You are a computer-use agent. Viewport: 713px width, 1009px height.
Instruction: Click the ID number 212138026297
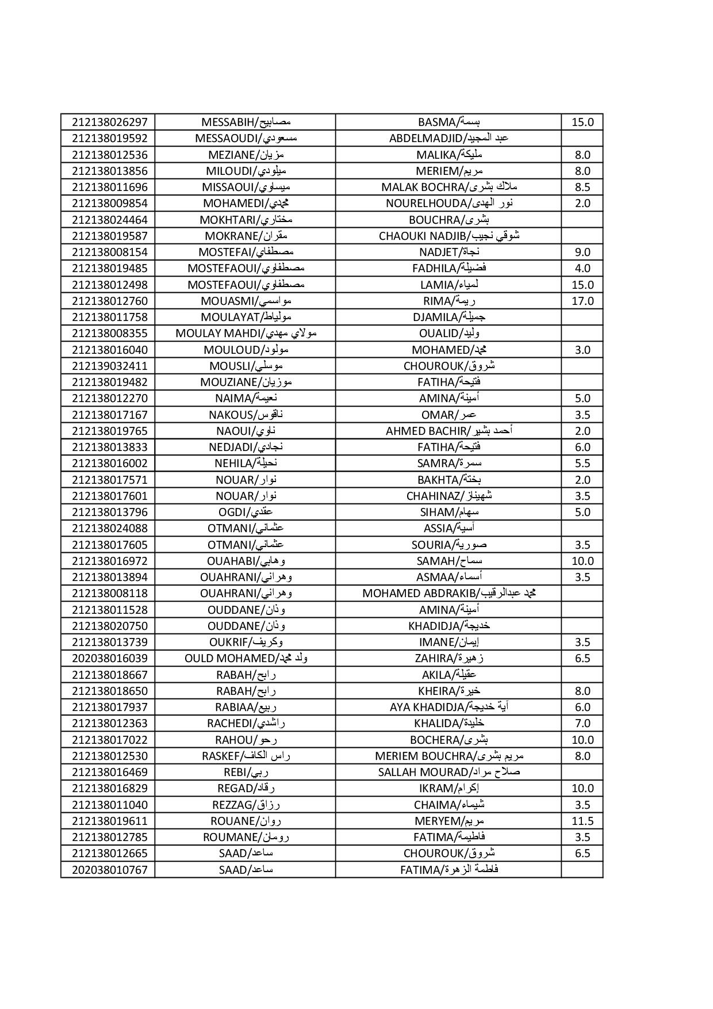click(x=110, y=122)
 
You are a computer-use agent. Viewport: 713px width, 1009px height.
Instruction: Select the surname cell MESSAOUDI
click(x=246, y=138)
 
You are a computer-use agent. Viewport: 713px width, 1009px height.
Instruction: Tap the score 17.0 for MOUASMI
click(x=582, y=301)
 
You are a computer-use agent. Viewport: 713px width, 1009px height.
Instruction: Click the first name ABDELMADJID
click(x=448, y=138)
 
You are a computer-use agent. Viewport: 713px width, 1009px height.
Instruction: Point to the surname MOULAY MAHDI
click(x=246, y=333)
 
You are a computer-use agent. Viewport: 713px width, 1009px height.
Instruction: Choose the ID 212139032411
click(x=110, y=366)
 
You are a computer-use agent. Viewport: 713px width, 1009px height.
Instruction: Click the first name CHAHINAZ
click(x=448, y=496)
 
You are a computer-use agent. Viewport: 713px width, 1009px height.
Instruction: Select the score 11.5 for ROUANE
click(x=582, y=821)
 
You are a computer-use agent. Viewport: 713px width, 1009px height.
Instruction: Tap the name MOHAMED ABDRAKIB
click(x=448, y=593)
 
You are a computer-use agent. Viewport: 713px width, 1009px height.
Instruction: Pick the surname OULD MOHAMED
click(x=246, y=658)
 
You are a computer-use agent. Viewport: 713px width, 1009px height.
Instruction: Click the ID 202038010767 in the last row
click(x=110, y=869)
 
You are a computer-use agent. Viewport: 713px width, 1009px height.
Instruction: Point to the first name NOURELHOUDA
click(x=448, y=203)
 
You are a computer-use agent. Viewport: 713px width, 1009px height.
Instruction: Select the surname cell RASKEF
click(x=246, y=756)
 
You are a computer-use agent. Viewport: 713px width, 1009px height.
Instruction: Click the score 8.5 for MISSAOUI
click(x=582, y=187)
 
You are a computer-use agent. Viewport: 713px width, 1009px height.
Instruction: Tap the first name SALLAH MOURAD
click(x=448, y=772)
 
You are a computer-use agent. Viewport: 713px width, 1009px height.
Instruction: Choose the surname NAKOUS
click(x=246, y=415)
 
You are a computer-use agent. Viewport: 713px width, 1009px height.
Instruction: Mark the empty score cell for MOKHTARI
click(x=582, y=220)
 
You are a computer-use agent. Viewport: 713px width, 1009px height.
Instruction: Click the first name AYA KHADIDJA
click(x=448, y=707)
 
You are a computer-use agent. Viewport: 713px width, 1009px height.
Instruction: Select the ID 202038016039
click(x=110, y=658)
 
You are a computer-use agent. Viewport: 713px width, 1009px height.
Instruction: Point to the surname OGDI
click(x=246, y=512)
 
